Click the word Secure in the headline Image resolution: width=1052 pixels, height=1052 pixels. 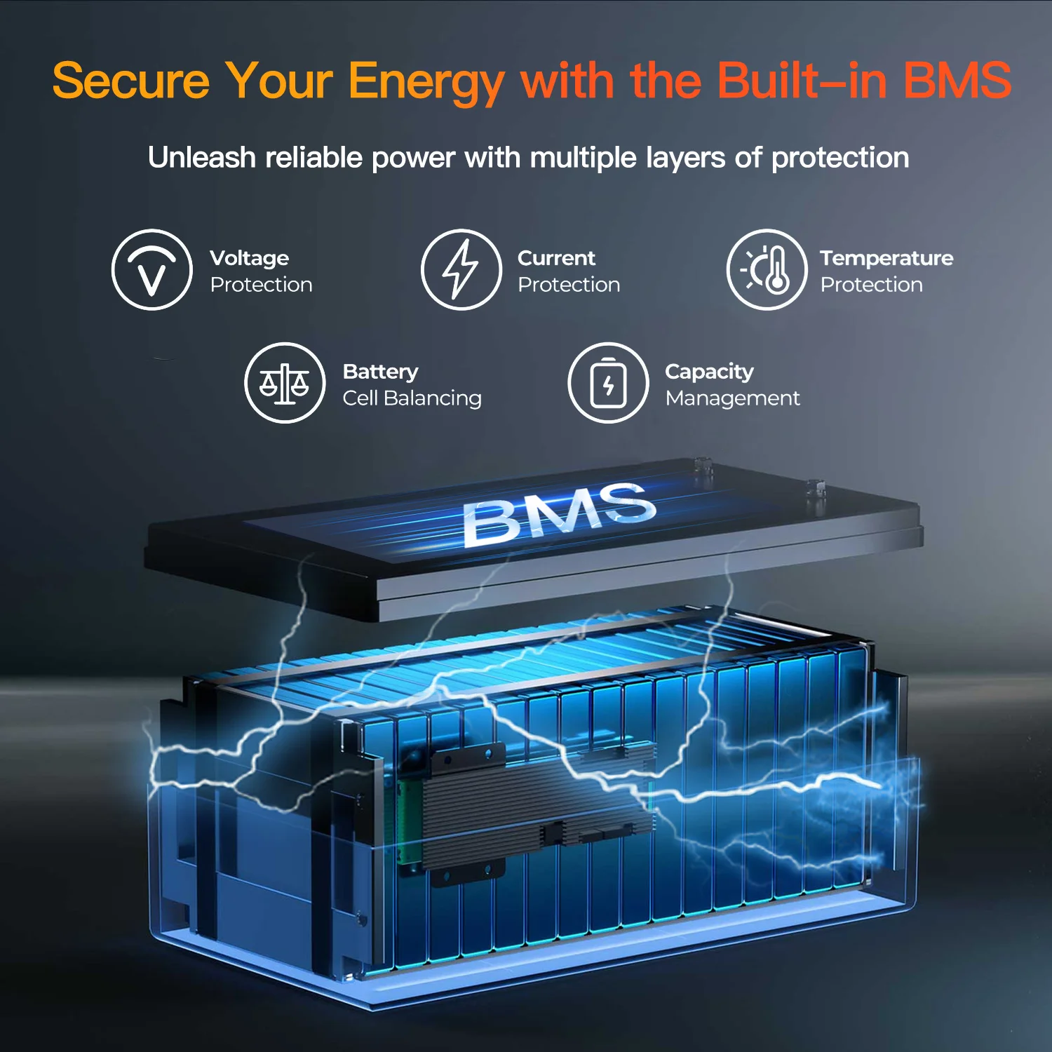pyautogui.click(x=131, y=81)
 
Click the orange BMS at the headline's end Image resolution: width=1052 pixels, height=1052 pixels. pyautogui.click(x=957, y=81)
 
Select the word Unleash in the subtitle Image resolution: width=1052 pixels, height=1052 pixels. pyautogui.click(x=201, y=158)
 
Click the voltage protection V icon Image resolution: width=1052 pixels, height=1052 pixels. pyautogui.click(x=152, y=270)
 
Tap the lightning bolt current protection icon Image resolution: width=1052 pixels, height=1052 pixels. pyautogui.click(x=461, y=270)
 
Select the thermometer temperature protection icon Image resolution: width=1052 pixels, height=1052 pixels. pyautogui.click(x=767, y=270)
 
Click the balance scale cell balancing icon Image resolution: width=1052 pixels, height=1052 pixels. pyautogui.click(x=285, y=383)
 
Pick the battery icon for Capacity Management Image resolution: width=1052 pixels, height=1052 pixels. pyautogui.click(x=608, y=383)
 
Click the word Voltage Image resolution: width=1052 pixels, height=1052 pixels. pyautogui.click(x=249, y=259)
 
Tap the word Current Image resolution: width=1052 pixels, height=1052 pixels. pyautogui.click(x=556, y=258)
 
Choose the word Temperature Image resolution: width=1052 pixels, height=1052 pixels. pyautogui.click(x=886, y=258)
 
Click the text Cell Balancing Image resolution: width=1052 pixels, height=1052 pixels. pyautogui.click(x=412, y=398)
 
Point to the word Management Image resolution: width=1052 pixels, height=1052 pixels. pyautogui.click(x=732, y=398)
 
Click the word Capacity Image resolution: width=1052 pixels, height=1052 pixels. pyautogui.click(x=709, y=372)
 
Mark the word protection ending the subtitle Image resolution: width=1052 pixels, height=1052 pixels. pyautogui.click(x=839, y=159)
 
